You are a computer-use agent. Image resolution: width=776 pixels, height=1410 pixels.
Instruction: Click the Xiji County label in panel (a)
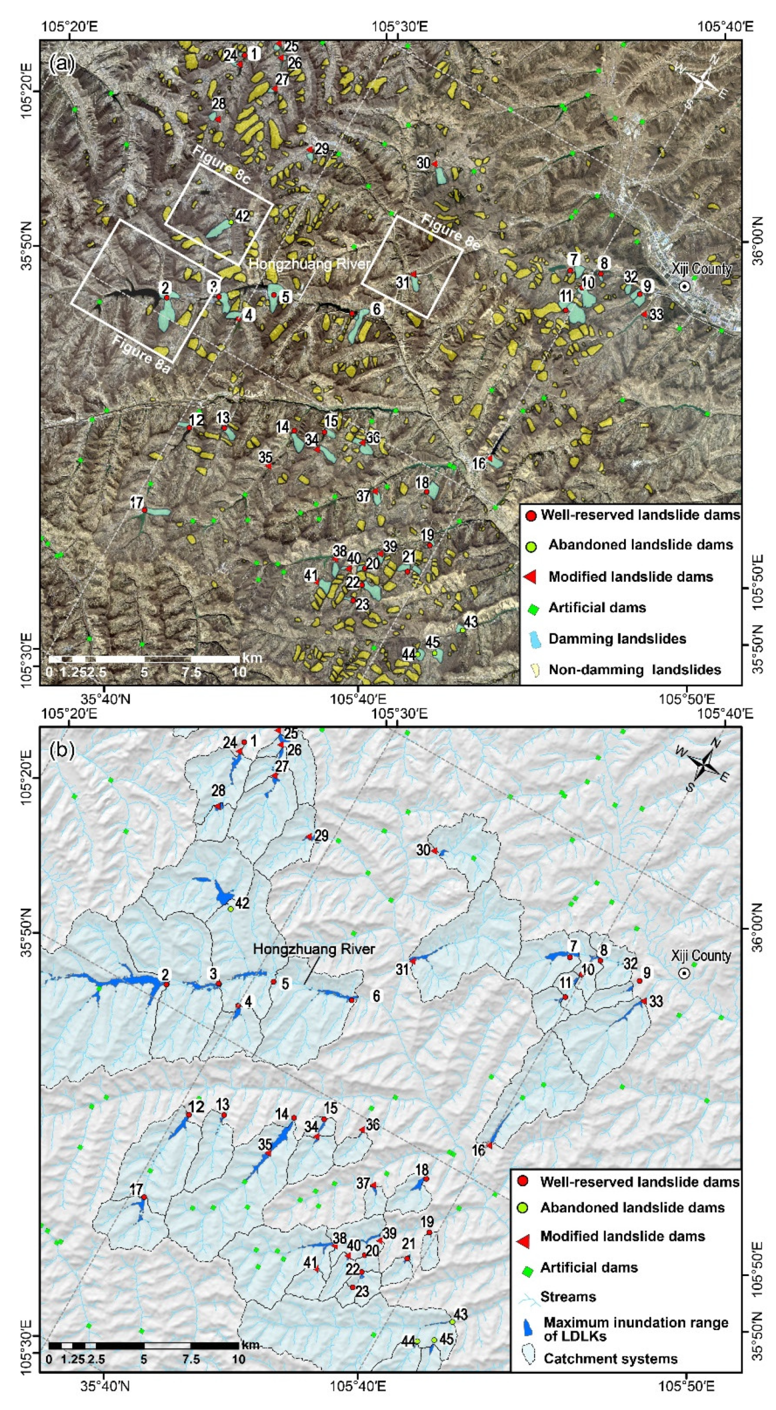pyautogui.click(x=701, y=269)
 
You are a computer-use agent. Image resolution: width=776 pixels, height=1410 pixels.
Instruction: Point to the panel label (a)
pyautogui.click(x=61, y=64)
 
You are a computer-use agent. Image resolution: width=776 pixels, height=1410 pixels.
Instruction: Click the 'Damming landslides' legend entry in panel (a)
pyautogui.click(x=617, y=639)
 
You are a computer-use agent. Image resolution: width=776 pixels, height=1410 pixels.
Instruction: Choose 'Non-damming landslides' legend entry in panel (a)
pyautogui.click(x=634, y=670)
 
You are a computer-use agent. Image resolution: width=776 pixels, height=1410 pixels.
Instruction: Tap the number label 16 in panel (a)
pyautogui.click(x=478, y=463)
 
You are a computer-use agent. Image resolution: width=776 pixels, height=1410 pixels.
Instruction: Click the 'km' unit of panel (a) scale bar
pyautogui.click(x=251, y=658)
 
